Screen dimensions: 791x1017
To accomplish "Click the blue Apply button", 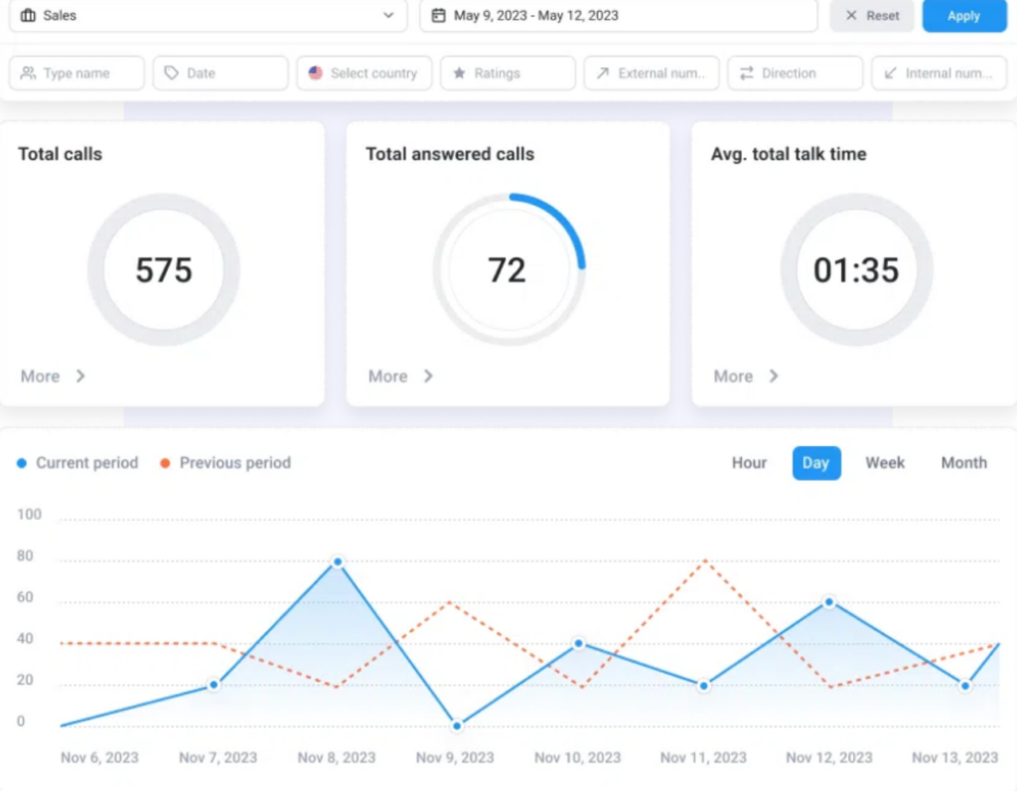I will click(x=963, y=16).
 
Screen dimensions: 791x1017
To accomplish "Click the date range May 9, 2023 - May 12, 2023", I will click(x=618, y=16).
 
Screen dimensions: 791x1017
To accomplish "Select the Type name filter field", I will click(x=76, y=74).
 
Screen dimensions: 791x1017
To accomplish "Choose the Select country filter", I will click(x=363, y=74).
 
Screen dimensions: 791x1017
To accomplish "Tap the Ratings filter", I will click(x=508, y=74).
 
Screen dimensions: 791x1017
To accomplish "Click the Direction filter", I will click(x=795, y=74).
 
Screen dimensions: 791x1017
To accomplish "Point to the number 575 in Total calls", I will click(x=164, y=270).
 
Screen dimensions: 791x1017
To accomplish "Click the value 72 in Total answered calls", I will click(x=507, y=270).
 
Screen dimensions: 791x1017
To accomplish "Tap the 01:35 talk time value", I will click(x=856, y=270).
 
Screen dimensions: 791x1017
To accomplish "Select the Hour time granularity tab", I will click(x=749, y=463).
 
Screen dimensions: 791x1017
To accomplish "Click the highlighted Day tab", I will click(x=816, y=463).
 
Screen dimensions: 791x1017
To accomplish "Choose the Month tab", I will click(x=963, y=463).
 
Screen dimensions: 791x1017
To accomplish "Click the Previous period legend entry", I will click(x=225, y=463).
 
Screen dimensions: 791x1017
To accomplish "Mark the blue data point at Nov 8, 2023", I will click(x=338, y=561).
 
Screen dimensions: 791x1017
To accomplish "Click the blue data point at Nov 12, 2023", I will click(x=828, y=602).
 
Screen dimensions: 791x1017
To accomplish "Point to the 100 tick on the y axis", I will click(x=30, y=515).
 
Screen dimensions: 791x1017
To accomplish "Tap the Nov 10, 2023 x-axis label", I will click(x=577, y=757).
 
